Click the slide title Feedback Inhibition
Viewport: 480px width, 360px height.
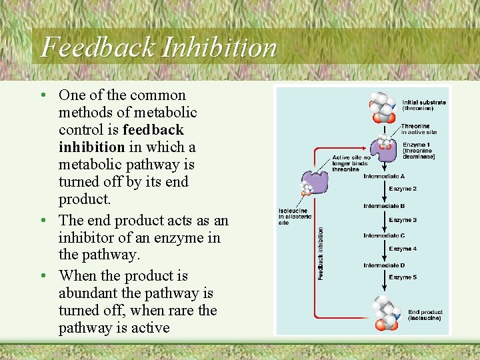[159, 47]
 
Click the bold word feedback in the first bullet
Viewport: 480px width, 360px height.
[153, 129]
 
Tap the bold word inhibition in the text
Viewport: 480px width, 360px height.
[91, 147]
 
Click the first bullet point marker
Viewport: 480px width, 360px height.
[43, 95]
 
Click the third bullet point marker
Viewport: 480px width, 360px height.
[43, 276]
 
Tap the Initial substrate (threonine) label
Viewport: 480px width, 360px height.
[423, 105]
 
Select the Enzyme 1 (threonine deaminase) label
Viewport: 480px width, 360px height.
[419, 151]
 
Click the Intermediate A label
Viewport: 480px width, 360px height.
[384, 177]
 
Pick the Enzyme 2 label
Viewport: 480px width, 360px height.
[403, 189]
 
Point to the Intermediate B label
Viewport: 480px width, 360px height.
[384, 206]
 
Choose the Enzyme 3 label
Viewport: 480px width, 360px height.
[403, 220]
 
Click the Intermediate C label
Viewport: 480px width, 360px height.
[384, 235]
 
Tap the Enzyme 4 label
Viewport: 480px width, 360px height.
[403, 249]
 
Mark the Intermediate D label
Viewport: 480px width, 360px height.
[384, 265]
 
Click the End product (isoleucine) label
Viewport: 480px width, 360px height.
[425, 315]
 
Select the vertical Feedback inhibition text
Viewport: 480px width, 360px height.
[321, 253]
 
